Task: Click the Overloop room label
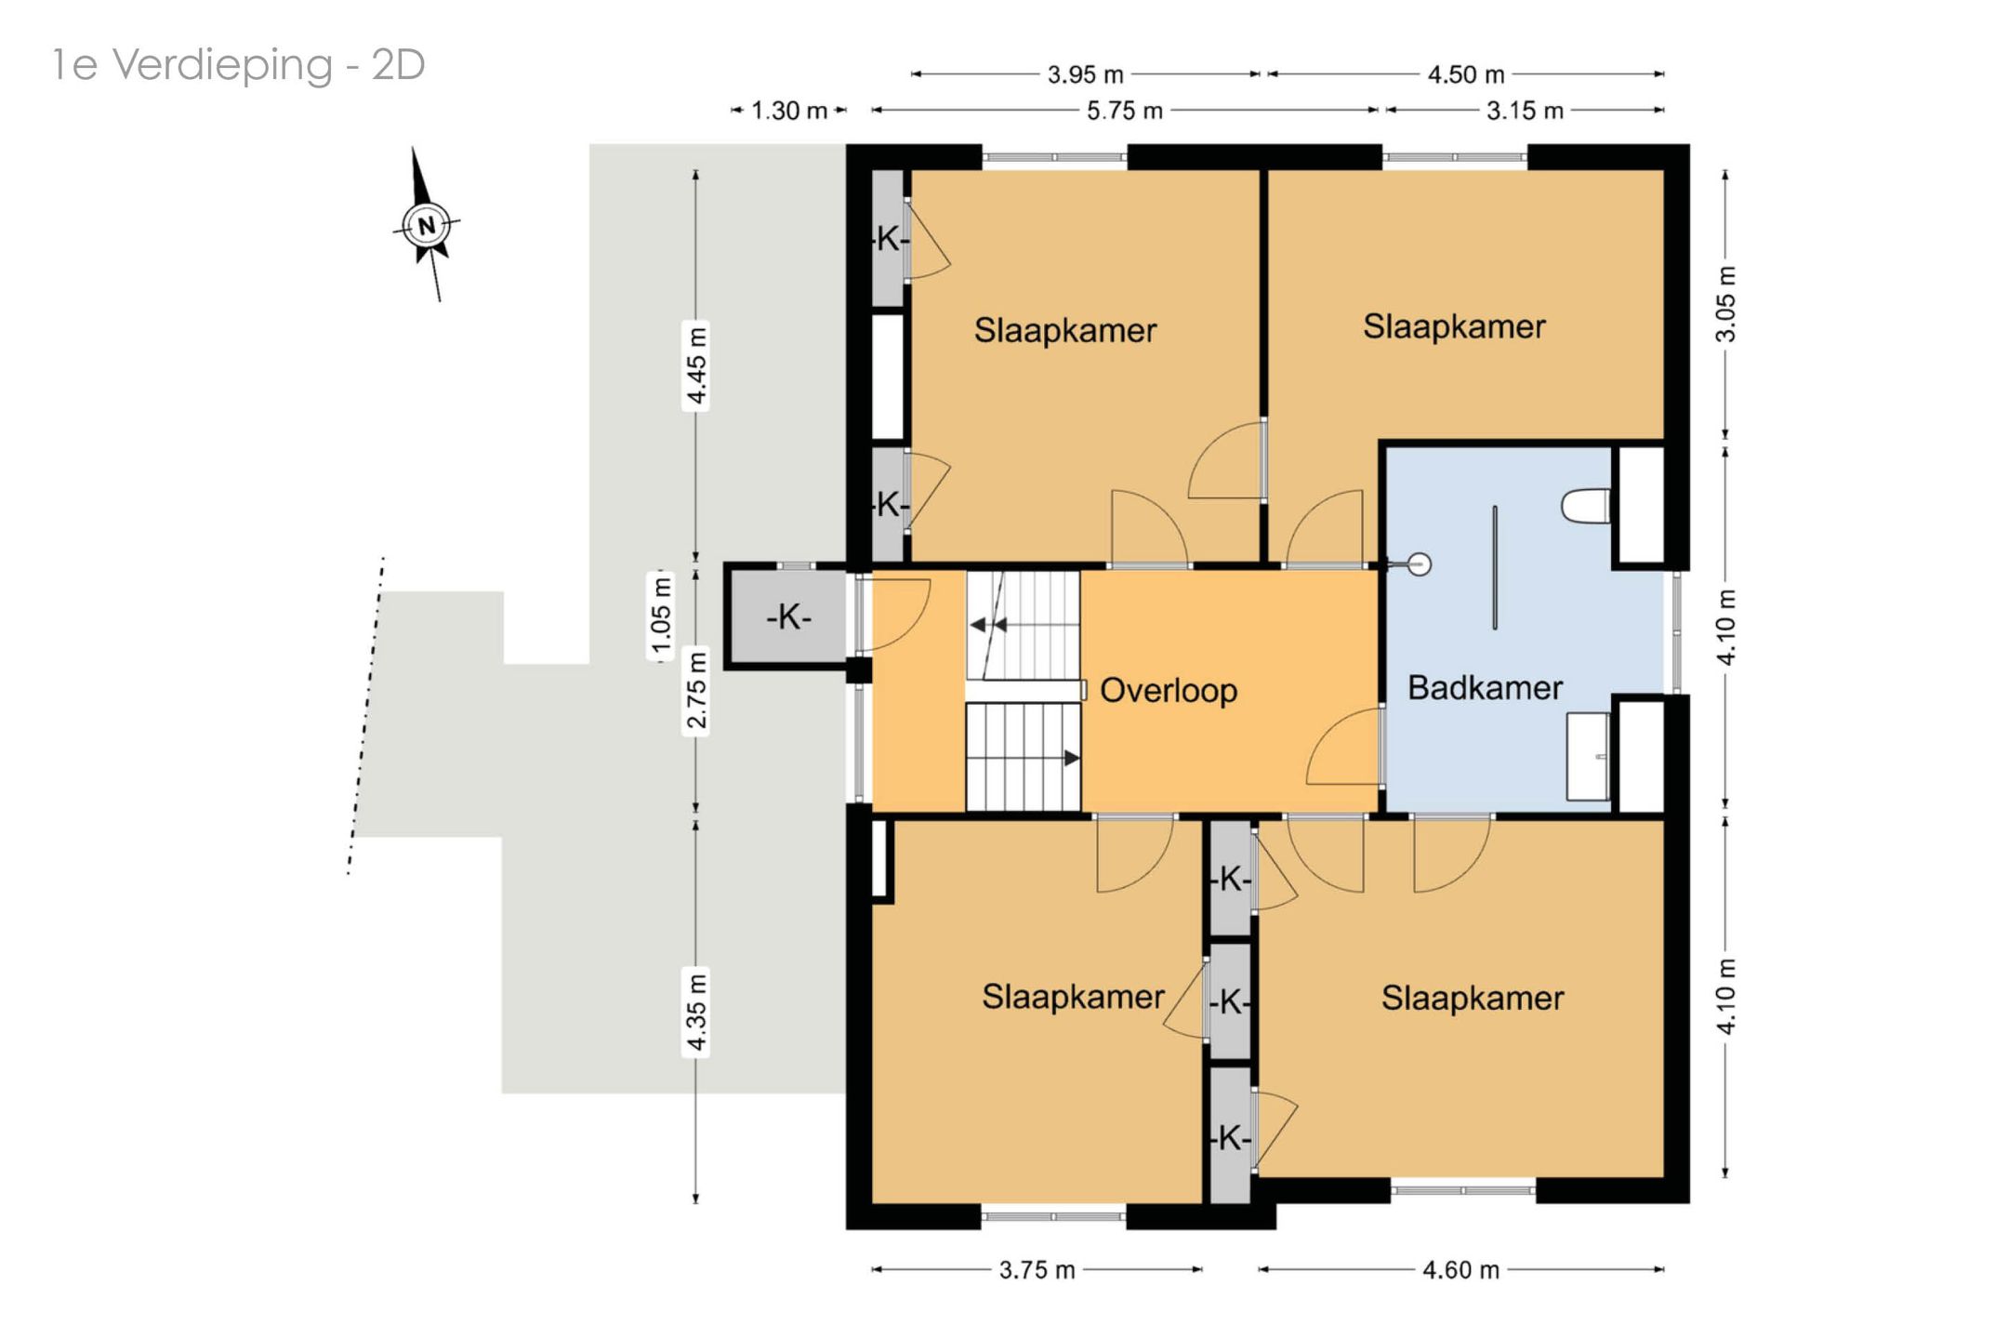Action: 1169,691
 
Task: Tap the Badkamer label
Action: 1485,688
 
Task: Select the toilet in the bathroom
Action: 1586,506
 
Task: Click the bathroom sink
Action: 1588,757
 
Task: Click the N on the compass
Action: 427,225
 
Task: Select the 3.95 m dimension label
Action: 1085,74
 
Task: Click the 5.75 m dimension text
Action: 1125,111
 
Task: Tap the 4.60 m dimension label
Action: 1460,1270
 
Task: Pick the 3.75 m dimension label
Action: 1037,1270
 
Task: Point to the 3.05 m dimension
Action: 1725,304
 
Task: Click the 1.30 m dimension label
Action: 789,111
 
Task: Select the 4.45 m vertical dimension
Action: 696,366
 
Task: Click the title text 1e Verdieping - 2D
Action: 239,65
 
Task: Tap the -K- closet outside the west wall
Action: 788,616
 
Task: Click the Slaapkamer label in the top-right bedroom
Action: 1454,326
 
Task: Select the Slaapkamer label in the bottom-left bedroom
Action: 1073,997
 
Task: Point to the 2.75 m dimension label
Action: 696,691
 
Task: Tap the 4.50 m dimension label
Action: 1466,74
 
